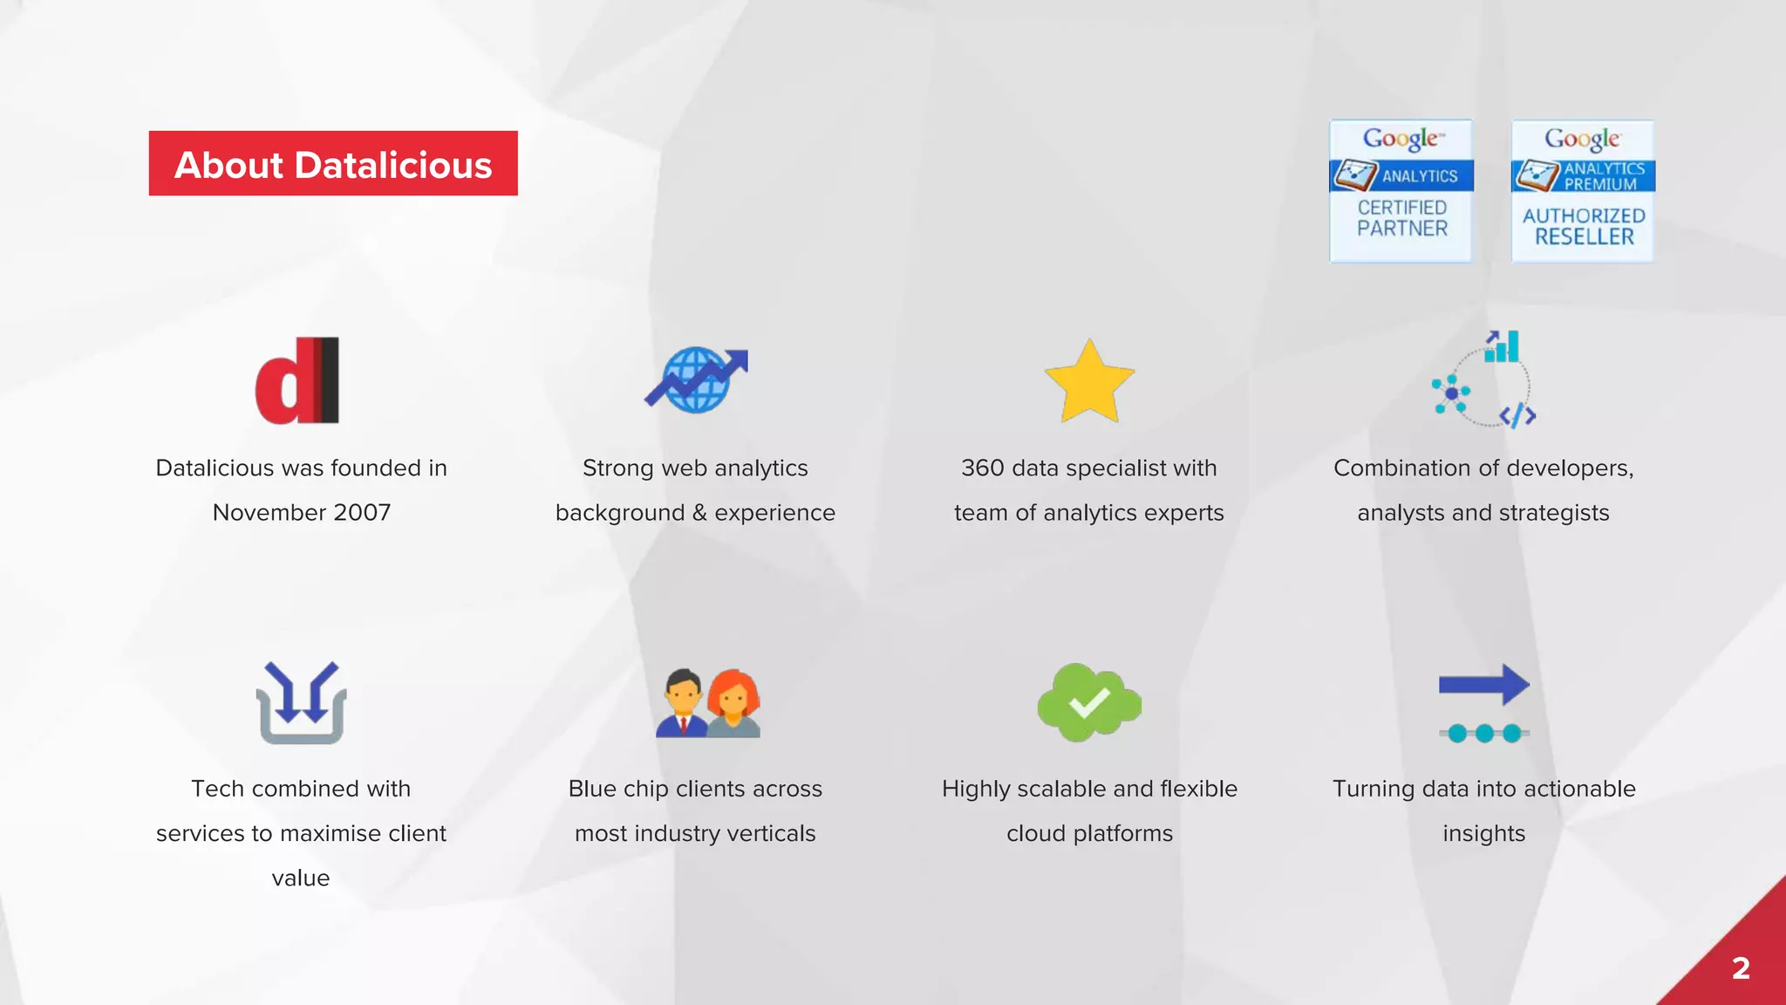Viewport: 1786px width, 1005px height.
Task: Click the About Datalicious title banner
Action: click(x=333, y=164)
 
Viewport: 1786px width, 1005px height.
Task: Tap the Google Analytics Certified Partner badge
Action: click(x=1401, y=191)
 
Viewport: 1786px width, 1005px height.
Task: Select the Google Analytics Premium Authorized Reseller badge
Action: click(x=1582, y=191)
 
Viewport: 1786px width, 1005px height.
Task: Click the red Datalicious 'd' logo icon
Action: click(x=297, y=380)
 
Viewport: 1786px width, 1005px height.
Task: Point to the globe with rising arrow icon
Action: click(x=696, y=380)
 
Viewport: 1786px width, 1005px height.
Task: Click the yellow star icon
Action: click(x=1089, y=381)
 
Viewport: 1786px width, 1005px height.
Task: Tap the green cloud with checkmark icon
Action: click(x=1089, y=702)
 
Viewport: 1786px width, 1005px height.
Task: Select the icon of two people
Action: click(x=707, y=703)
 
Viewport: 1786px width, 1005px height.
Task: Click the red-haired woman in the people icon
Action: click(x=734, y=703)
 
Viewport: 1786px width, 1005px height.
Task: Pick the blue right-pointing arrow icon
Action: click(x=1484, y=684)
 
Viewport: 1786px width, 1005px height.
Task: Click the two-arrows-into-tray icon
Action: click(x=301, y=702)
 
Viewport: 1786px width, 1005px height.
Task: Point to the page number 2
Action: click(x=1741, y=968)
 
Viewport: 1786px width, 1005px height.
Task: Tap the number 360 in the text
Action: click(x=983, y=468)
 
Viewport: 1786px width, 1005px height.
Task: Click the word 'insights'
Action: click(x=1483, y=834)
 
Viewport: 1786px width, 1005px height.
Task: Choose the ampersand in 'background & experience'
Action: click(x=699, y=513)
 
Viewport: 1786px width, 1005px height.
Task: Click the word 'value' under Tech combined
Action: click(x=301, y=879)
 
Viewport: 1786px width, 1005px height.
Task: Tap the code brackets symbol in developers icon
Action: click(x=1517, y=415)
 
